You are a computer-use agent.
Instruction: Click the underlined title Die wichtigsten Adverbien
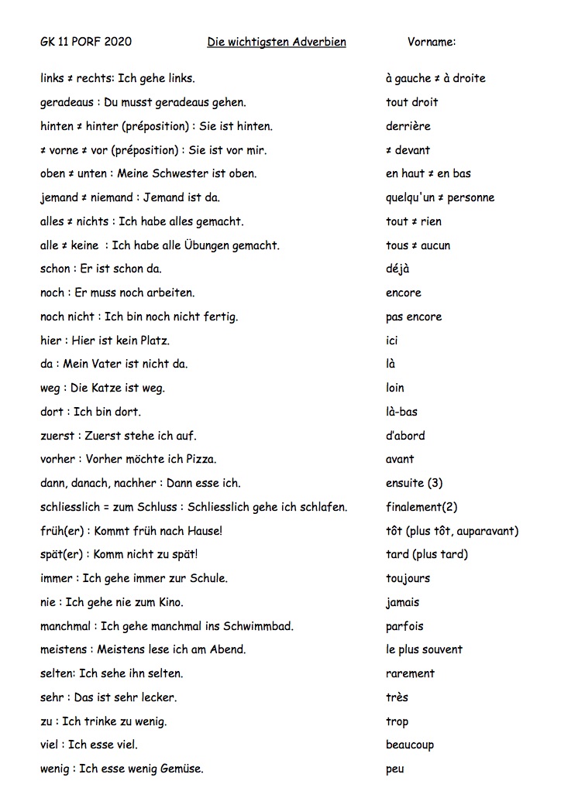coord(277,42)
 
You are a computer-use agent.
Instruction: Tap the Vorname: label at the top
coord(432,42)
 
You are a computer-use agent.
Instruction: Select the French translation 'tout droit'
coord(411,102)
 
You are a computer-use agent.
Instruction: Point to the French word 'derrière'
coord(408,126)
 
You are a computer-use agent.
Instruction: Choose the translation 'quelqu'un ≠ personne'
coord(439,197)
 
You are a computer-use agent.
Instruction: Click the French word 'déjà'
coord(398,269)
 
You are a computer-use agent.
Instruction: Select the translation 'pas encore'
coord(414,317)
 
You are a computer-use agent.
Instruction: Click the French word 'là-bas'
coord(401,412)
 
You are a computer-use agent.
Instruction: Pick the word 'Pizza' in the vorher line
coord(201,459)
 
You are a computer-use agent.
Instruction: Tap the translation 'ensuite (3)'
coord(414,483)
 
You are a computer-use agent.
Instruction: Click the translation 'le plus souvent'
coord(424,649)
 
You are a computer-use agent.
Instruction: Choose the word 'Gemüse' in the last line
coord(181,769)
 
